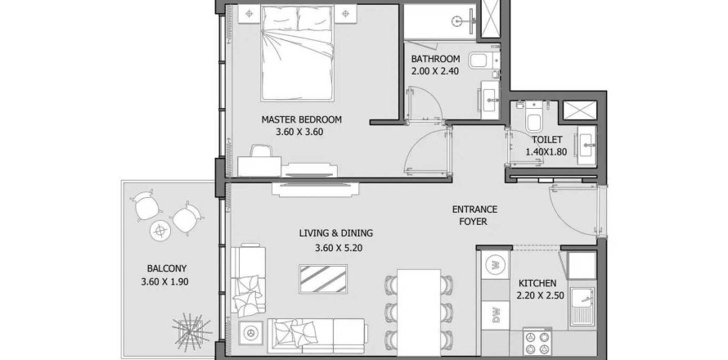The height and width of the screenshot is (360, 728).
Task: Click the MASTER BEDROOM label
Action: point(301,119)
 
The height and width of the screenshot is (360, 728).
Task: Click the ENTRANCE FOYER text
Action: point(474,216)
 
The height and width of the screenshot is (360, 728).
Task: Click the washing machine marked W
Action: point(493,264)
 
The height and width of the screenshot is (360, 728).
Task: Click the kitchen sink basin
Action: point(585,307)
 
